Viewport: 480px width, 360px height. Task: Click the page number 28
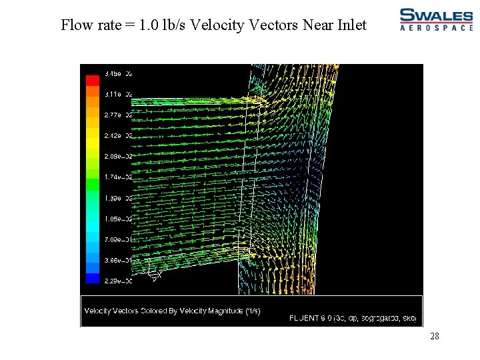click(x=434, y=337)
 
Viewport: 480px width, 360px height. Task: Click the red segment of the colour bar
click(x=92, y=79)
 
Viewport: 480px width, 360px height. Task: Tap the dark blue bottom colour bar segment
click(x=92, y=278)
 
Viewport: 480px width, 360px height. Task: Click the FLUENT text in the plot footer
click(x=305, y=318)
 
